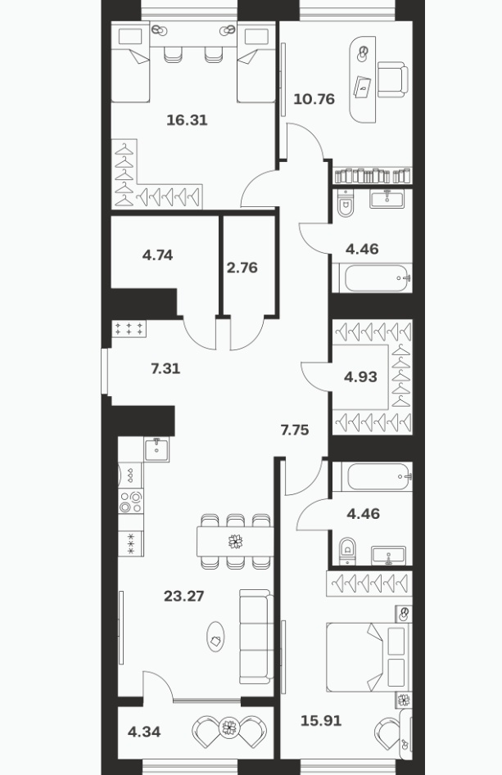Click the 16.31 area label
187,120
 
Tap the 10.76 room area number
314,99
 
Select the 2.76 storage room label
242,268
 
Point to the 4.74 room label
157,255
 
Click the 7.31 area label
165,368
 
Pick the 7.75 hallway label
295,430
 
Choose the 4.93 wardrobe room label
360,377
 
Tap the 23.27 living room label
184,596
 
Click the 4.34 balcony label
144,732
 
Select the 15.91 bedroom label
321,721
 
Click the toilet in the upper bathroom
346,203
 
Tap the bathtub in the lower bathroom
372,476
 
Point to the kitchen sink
156,449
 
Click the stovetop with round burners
130,501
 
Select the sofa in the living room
256,636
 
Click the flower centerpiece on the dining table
235,541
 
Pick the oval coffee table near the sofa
215,637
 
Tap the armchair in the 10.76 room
393,79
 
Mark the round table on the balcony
228,727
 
